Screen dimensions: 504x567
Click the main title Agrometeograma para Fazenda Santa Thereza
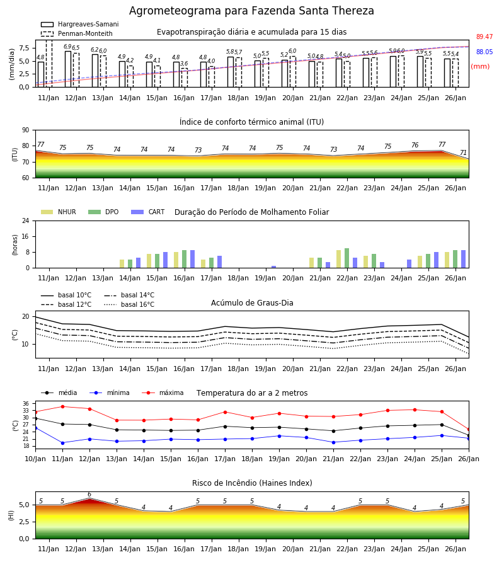(251, 11)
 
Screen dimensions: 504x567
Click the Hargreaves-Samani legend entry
(80, 24)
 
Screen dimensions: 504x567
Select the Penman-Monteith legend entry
(77, 33)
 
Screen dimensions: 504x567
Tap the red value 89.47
(484, 37)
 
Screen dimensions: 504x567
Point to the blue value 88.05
(484, 52)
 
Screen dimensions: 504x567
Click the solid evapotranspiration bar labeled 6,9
(68, 69)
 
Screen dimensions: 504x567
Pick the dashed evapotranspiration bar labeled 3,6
(185, 77)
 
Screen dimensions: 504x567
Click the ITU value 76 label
(415, 145)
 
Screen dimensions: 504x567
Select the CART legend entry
(148, 212)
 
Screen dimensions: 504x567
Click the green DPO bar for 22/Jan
(346, 258)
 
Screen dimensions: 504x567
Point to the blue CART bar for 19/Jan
(273, 267)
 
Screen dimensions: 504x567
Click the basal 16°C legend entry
(129, 304)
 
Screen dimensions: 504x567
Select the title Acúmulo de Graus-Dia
(252, 302)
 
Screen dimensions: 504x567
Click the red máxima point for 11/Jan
(62, 406)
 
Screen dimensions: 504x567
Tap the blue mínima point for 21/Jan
(333, 442)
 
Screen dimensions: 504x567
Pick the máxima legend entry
(163, 392)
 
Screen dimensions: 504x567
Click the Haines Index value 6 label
(89, 495)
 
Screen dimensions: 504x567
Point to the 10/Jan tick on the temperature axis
(35, 459)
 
